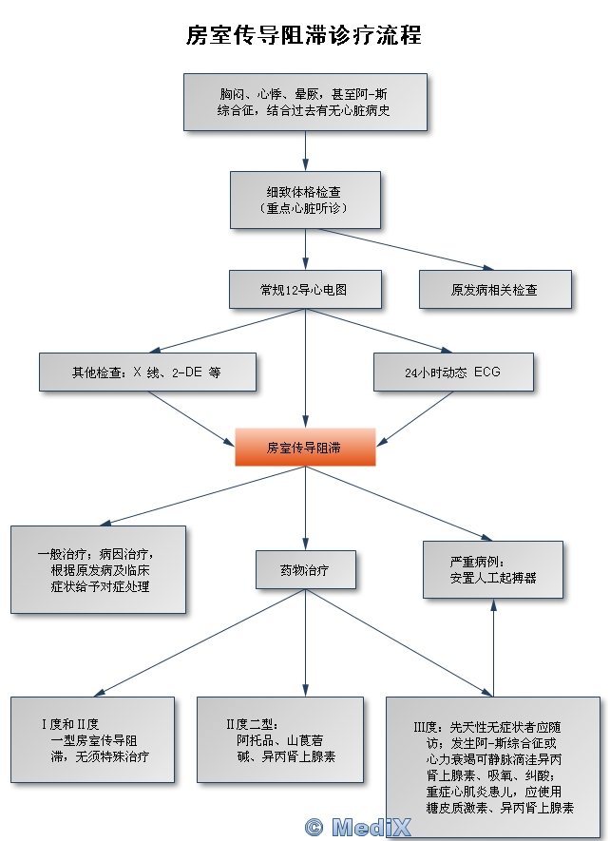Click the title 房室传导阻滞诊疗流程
click(x=304, y=36)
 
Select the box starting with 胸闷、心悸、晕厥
click(x=305, y=102)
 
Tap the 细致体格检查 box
click(x=305, y=200)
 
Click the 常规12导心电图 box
click(x=305, y=290)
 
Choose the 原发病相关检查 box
click(x=495, y=290)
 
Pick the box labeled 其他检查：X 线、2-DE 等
click(x=147, y=373)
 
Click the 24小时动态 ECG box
click(x=452, y=373)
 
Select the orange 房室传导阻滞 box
click(x=305, y=447)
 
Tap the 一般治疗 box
click(x=98, y=569)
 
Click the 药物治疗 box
click(x=305, y=569)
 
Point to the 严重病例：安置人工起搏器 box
click(x=493, y=569)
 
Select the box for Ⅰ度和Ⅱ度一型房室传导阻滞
click(x=93, y=740)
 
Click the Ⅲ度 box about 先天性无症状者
click(x=493, y=766)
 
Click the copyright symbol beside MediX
click(x=314, y=827)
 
